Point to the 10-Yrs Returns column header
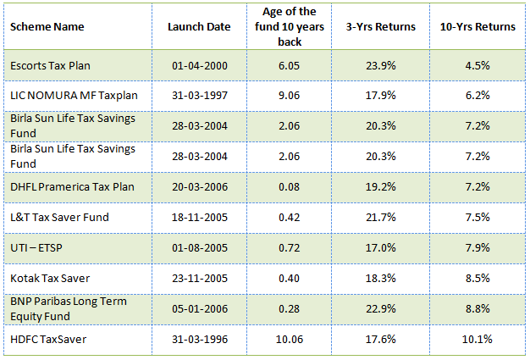[478, 27]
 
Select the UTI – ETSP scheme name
[35, 247]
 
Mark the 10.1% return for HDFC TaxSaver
[478, 338]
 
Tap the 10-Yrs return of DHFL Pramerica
[478, 186]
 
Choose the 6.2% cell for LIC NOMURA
[478, 96]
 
